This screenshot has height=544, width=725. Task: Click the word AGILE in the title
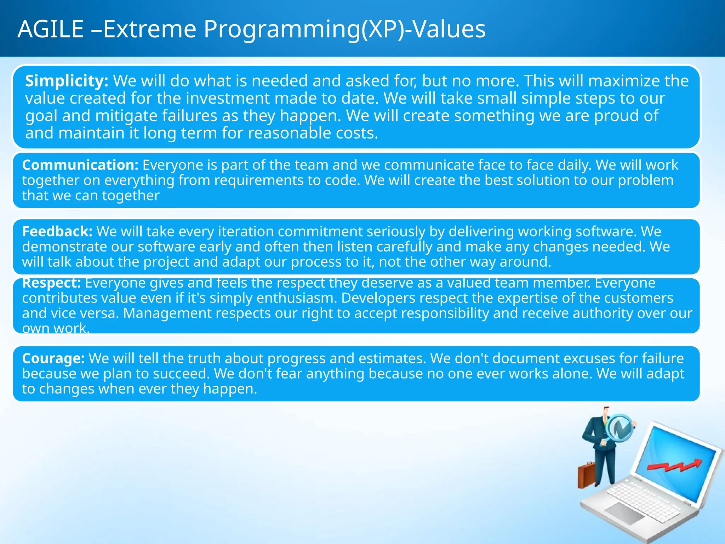[x=51, y=29]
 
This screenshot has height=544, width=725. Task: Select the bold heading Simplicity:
[x=67, y=81]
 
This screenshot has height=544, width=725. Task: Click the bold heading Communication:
[x=80, y=165]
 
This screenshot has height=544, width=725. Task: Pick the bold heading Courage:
[x=53, y=358]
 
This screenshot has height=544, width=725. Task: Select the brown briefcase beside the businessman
[x=586, y=475]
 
